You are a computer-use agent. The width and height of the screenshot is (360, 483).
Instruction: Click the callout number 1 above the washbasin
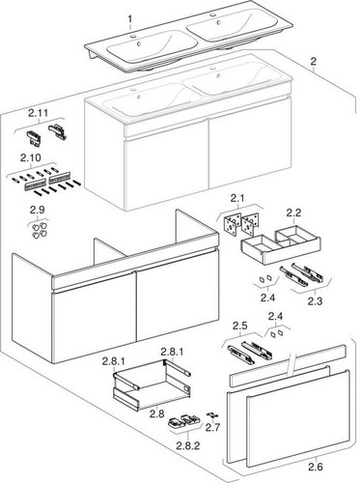point(129,19)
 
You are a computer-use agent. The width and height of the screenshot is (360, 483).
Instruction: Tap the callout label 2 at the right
point(313,62)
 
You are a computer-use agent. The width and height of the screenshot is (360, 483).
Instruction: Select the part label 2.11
point(38,113)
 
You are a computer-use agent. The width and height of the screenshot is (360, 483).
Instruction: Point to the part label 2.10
point(31,158)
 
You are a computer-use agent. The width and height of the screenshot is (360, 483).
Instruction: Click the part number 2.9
point(38,210)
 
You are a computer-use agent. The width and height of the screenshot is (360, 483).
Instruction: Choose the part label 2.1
point(236,198)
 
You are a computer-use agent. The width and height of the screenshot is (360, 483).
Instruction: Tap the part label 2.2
point(293,213)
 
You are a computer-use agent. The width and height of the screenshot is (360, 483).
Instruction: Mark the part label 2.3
point(315,301)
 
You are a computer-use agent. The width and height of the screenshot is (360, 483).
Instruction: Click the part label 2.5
point(240,326)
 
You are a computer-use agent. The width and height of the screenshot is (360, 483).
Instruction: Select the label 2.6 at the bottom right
point(316,467)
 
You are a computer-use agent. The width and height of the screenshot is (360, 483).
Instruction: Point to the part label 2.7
point(212,428)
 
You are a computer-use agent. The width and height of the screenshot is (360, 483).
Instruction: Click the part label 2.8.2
point(188,445)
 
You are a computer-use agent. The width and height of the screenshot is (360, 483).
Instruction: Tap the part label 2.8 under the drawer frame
point(156,413)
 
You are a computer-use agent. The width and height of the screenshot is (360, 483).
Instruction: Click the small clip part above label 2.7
point(212,415)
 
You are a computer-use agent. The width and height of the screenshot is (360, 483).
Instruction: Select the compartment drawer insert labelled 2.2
point(281,245)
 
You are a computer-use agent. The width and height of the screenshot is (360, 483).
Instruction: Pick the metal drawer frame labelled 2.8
point(152,385)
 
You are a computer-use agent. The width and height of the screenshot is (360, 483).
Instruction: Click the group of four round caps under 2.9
point(40,230)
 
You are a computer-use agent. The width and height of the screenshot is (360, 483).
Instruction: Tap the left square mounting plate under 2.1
point(233,224)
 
